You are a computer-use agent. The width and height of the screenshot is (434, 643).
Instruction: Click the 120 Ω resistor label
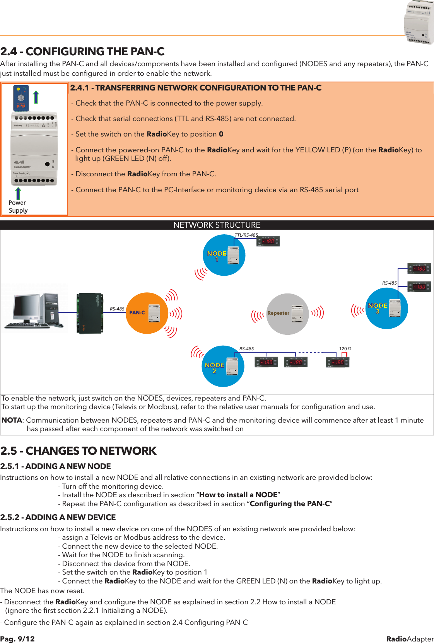coord(345,349)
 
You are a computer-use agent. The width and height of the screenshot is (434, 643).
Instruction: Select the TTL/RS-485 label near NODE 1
coord(246,235)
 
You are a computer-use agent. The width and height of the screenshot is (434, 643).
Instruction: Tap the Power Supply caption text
coord(18,207)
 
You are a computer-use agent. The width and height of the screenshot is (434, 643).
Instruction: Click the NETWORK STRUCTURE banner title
coord(217,225)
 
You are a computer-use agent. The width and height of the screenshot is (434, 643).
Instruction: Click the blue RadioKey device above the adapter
coord(21,98)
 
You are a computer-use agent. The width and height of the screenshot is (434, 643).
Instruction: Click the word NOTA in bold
coord(12,420)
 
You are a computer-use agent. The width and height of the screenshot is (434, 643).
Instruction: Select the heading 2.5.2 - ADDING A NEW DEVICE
coord(58,517)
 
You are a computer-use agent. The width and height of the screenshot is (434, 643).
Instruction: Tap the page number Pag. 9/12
coord(17,639)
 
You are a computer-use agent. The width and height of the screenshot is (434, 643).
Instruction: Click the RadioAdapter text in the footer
coord(410,639)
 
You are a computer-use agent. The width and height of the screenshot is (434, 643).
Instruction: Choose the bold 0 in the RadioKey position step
coord(221,134)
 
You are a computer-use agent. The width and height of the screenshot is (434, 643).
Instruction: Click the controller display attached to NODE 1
coord(268,241)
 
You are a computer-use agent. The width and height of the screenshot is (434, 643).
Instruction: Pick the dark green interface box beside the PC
coord(90,313)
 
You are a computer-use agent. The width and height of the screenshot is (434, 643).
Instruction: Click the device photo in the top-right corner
coord(419,22)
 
